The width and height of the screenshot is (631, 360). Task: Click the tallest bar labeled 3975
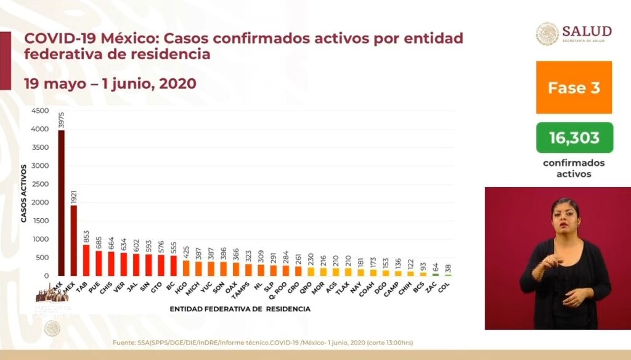61,203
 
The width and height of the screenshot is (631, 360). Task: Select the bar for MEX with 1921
73,240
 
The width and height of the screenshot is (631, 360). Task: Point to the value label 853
86,235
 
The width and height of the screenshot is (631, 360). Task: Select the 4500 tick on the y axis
40,111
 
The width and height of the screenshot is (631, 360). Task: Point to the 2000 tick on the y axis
40,203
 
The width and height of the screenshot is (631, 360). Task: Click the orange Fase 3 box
574,87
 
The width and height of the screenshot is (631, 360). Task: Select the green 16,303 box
574,137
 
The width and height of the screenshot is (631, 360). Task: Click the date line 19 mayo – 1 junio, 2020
110,83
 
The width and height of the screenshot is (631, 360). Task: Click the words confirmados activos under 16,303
574,168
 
